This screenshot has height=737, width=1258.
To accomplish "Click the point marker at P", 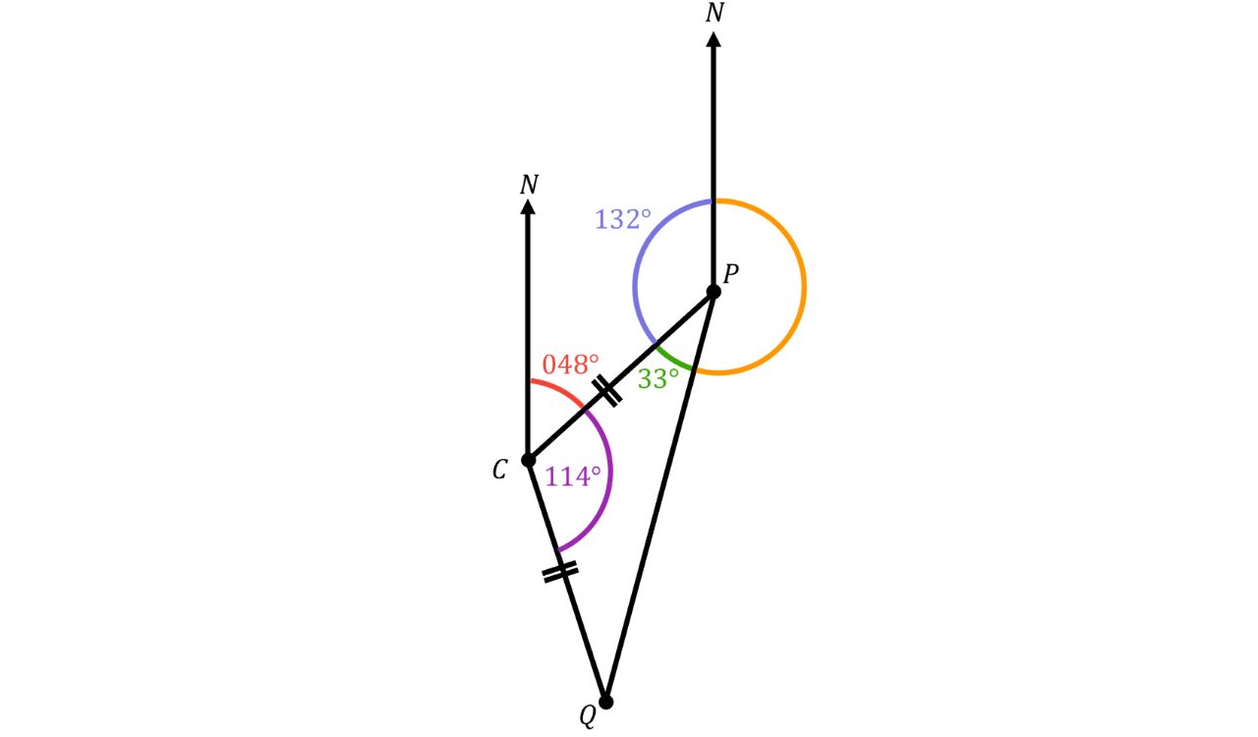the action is tap(714, 292).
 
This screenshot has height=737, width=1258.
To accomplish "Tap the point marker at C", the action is tap(528, 460).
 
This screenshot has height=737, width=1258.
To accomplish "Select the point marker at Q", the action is tap(605, 702).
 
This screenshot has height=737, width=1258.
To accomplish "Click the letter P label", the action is tap(730, 274).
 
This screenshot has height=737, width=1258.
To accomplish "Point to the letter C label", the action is tap(500, 470).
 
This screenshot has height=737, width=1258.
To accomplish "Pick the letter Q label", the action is tap(588, 716).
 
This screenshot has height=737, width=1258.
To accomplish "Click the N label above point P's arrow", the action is tap(715, 13).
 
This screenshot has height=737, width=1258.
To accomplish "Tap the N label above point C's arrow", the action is tap(529, 185).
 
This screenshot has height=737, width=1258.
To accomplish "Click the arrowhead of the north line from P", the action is tap(714, 39).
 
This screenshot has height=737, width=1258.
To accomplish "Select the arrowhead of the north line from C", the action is tap(528, 206).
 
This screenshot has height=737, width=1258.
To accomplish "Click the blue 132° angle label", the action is tap(623, 219).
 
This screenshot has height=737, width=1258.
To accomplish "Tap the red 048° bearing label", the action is tap(571, 365).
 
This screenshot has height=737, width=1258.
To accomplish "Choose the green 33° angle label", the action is tap(658, 379).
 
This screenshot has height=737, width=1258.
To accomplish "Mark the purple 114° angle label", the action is tap(573, 477).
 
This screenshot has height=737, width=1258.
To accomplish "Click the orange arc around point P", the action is tap(805, 287).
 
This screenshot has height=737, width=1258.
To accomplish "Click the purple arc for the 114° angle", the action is tap(610, 472).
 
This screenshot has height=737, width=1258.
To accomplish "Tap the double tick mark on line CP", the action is tap(606, 390).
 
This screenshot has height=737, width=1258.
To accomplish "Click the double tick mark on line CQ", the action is tap(560, 572).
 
